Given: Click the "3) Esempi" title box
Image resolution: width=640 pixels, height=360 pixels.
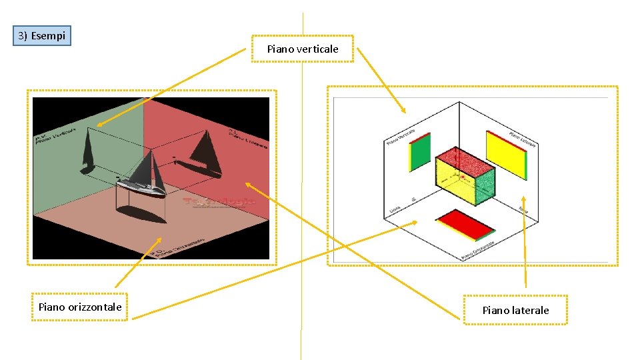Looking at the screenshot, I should (x=42, y=35).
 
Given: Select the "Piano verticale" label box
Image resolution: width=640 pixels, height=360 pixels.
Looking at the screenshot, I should (x=302, y=49).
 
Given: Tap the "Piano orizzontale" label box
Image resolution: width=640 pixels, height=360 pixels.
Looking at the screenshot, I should (x=80, y=307).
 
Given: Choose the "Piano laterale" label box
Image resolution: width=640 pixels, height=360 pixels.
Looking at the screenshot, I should (x=515, y=310).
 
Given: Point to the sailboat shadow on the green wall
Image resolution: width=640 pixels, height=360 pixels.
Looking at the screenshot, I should (x=89, y=150).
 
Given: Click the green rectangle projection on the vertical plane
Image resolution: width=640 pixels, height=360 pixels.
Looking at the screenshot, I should (x=420, y=152).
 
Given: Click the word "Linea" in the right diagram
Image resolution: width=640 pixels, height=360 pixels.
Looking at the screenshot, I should (x=395, y=210).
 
